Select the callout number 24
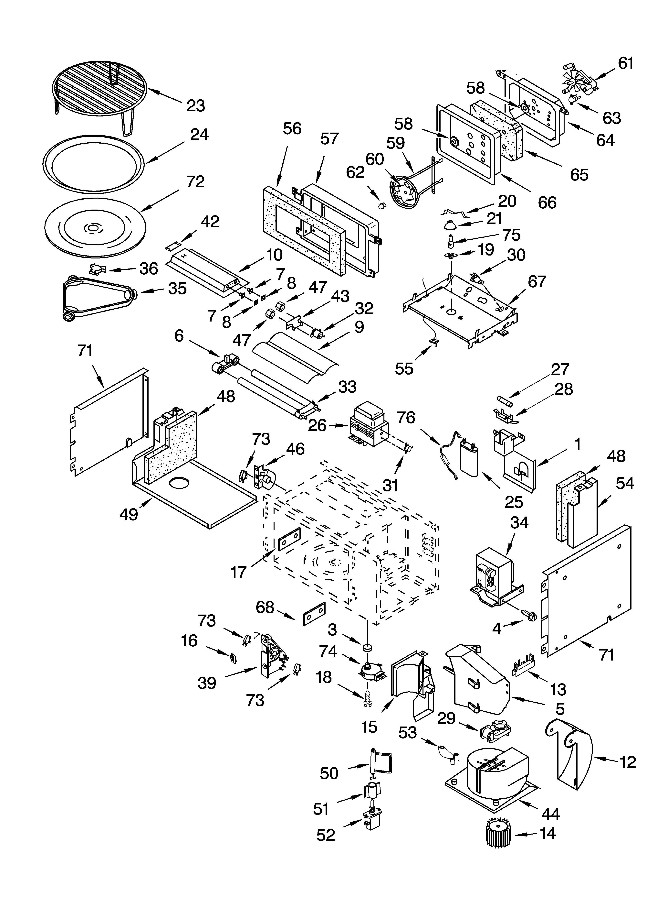point(199,135)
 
